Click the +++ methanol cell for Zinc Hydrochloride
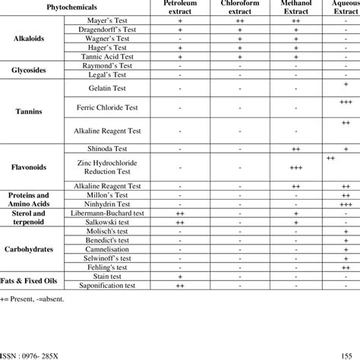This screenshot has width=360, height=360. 296,168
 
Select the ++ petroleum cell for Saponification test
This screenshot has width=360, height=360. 181,286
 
